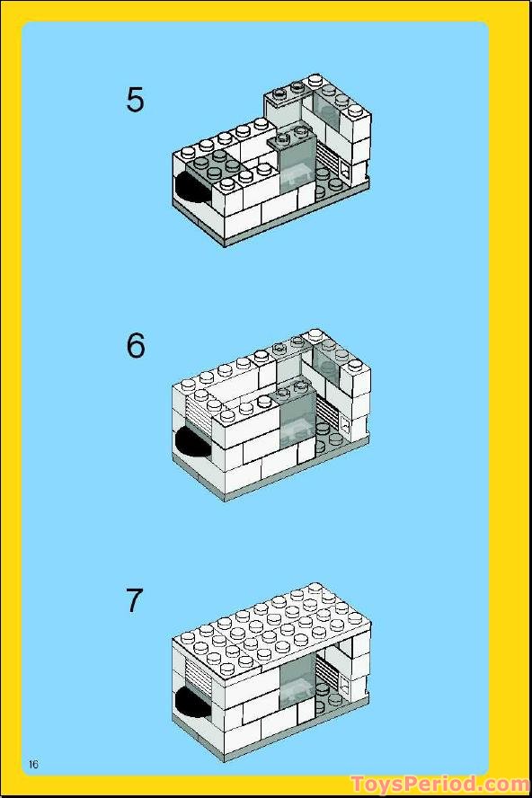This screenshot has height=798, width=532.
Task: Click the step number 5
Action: (135, 100)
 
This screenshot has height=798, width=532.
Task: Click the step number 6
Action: (136, 346)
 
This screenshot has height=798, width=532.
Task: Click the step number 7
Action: (133, 601)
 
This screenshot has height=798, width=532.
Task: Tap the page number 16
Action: (33, 764)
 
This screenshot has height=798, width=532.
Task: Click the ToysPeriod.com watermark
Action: (439, 785)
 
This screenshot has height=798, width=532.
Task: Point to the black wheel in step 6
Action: (191, 441)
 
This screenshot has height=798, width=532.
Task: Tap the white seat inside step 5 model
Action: (296, 174)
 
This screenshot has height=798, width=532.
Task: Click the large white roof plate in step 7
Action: (270, 631)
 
